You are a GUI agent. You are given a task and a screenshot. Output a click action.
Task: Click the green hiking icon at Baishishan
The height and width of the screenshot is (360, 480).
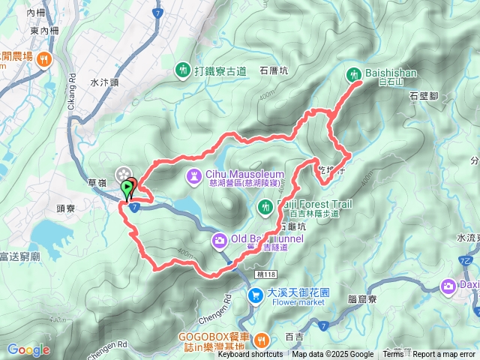[354, 74]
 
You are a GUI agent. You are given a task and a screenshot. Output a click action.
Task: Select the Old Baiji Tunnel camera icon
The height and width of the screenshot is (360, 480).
[219, 240]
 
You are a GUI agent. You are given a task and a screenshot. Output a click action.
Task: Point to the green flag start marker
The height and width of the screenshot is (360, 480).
[127, 187]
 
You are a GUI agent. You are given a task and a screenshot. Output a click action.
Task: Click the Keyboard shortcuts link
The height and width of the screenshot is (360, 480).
[250, 355]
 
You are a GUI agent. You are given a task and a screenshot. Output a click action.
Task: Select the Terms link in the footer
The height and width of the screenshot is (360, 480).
[393, 355]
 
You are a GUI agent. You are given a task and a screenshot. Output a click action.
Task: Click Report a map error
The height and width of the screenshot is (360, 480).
[445, 355]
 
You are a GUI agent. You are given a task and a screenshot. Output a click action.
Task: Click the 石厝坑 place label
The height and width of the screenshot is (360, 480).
[274, 72]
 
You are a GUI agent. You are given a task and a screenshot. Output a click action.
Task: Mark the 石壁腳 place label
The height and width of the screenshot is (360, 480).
[424, 95]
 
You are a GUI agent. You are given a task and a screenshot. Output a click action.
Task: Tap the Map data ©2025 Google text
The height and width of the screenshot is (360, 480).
[332, 355]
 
